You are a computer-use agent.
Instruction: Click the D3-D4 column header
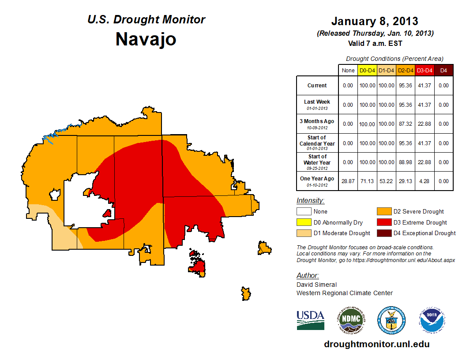coord(425,70)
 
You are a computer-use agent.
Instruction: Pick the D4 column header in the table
coord(444,70)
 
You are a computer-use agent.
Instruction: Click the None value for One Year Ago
coord(348,181)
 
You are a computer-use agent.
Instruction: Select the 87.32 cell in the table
coord(406,124)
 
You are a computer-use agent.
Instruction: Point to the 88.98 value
coord(406,162)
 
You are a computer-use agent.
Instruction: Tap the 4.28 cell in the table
coord(425,181)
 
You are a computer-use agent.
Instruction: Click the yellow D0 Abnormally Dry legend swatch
coord(304,222)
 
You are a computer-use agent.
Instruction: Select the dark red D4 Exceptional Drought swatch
coord(384,233)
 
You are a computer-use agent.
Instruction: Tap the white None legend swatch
coord(304,212)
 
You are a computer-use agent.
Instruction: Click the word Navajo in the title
coord(146,39)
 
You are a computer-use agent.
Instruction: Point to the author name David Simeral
coord(316,285)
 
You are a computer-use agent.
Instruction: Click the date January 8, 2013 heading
coord(375,21)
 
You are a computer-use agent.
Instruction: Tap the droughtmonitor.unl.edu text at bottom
coord(376,344)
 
